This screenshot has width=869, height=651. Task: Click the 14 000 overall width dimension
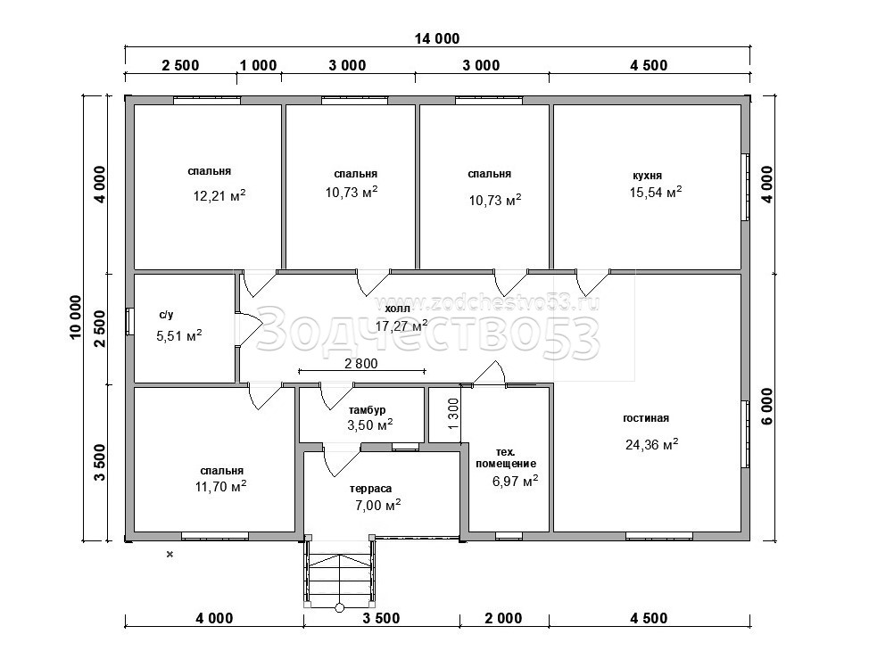[x=437, y=38]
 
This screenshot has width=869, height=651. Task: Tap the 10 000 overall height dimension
[x=75, y=317]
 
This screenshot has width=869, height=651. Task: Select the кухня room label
[x=648, y=176]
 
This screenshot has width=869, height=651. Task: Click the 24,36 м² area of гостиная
[x=652, y=444]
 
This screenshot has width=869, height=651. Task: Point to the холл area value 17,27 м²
[x=401, y=325]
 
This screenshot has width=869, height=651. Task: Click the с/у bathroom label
[x=166, y=315]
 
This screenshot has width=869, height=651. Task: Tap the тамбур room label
[x=367, y=410]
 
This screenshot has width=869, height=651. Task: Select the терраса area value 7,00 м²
[x=378, y=505]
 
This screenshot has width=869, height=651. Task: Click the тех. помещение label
[x=506, y=457]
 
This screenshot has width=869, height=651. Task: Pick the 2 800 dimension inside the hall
[x=360, y=364]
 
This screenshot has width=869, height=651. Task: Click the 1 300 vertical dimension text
[x=453, y=414]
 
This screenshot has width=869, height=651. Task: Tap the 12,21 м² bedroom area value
[x=219, y=195]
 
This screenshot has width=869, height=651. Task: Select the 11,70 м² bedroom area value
[x=220, y=486]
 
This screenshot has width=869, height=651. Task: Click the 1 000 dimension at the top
[x=258, y=65]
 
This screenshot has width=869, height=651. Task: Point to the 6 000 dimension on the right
[x=767, y=407]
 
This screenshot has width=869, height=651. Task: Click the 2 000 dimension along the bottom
[x=504, y=618]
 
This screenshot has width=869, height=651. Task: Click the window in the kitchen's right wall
[x=746, y=187]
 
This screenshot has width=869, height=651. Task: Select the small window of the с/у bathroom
[x=128, y=322]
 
